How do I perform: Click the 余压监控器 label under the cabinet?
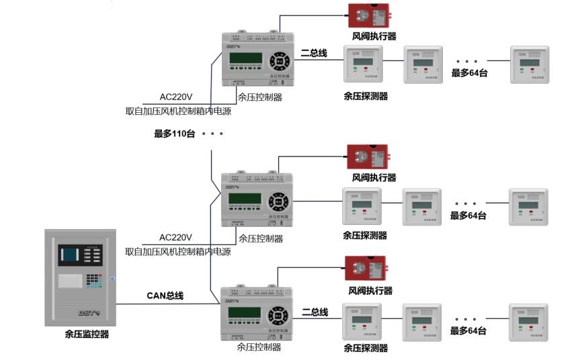point(87,334)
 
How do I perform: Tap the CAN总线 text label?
point(165,296)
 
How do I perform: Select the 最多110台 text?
point(174,134)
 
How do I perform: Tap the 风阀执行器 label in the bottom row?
point(370,291)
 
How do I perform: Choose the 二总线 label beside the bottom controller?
point(315,312)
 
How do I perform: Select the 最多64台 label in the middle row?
point(468,216)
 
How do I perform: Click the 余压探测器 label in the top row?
point(366,96)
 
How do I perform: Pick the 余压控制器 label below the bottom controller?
point(259,347)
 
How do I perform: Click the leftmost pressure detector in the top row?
point(363,64)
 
